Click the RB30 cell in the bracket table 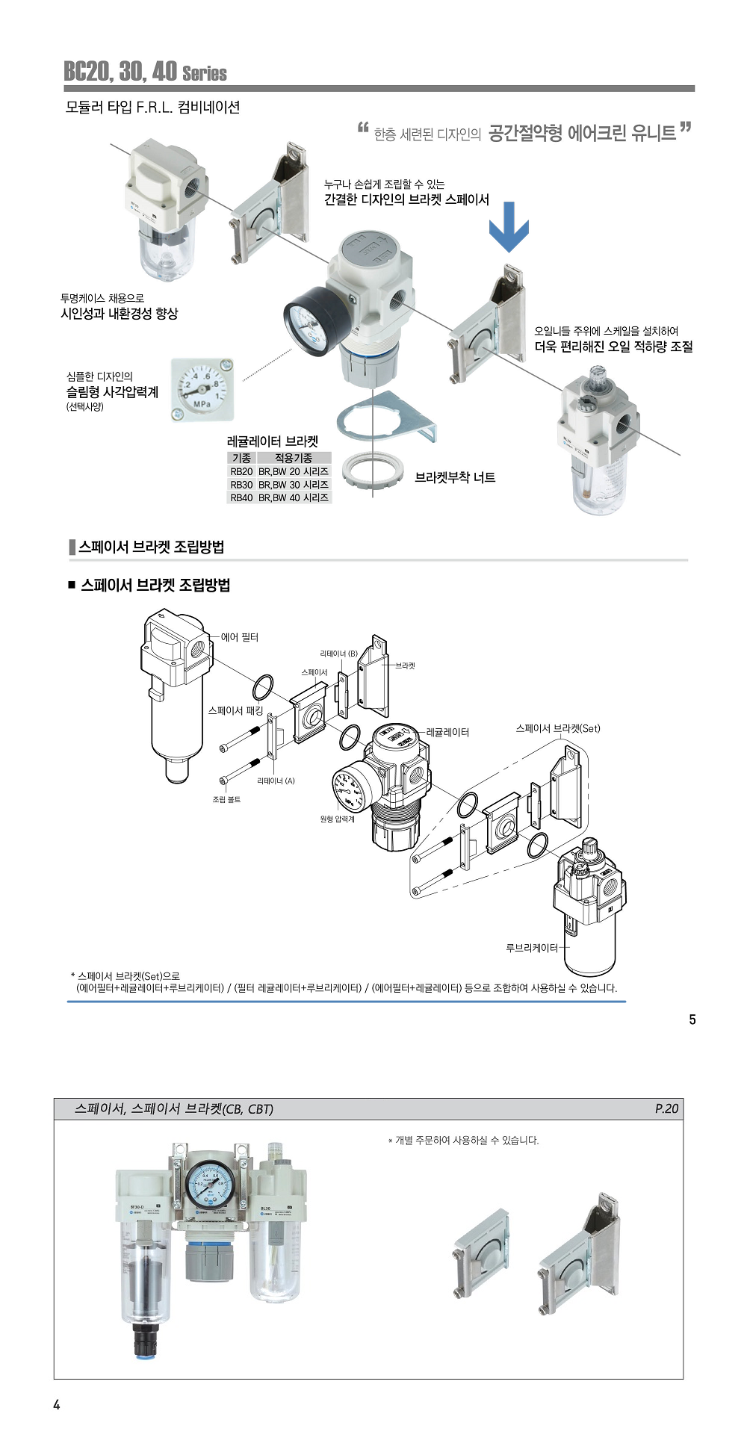(241, 485)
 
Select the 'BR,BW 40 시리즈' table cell (294, 497)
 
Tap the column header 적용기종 (294, 458)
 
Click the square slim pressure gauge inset (202, 389)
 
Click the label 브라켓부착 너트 (455, 477)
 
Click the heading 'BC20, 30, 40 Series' (145, 72)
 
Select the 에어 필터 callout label (240, 637)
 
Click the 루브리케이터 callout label (532, 948)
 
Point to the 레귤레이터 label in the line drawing (447, 732)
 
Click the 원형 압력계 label (337, 819)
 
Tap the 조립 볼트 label (226, 799)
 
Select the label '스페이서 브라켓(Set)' (558, 728)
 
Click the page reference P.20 (666, 1108)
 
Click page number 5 (692, 1020)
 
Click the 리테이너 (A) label (276, 781)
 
